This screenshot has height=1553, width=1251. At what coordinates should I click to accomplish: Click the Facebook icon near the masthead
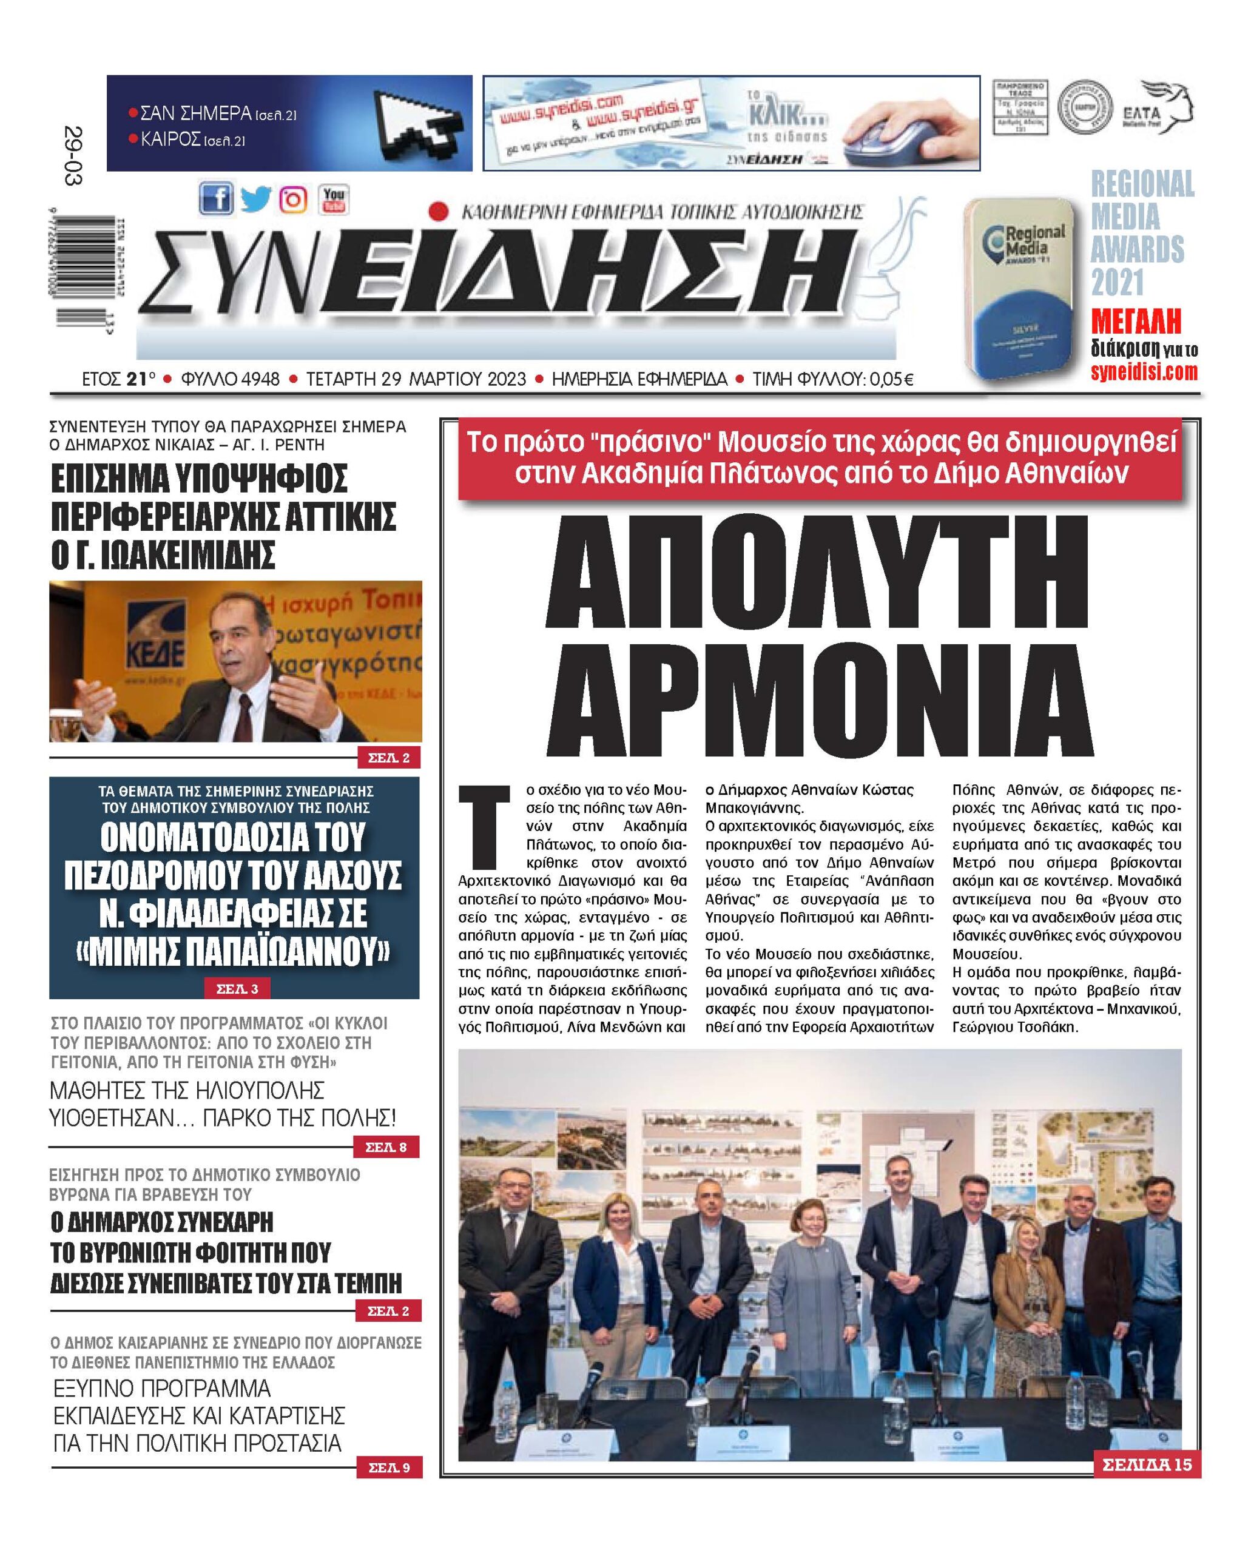click(x=215, y=199)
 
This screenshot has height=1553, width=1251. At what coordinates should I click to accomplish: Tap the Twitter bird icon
click(x=255, y=199)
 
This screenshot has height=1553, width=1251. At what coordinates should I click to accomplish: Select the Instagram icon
click(x=293, y=200)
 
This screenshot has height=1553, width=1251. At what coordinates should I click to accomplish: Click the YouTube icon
click(x=334, y=199)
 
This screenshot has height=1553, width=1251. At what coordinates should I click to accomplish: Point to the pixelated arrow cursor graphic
click(x=420, y=121)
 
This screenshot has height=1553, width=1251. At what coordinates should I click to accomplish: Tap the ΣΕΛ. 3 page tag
click(x=237, y=989)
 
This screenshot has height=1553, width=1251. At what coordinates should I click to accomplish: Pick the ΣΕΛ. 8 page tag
click(x=387, y=1147)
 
